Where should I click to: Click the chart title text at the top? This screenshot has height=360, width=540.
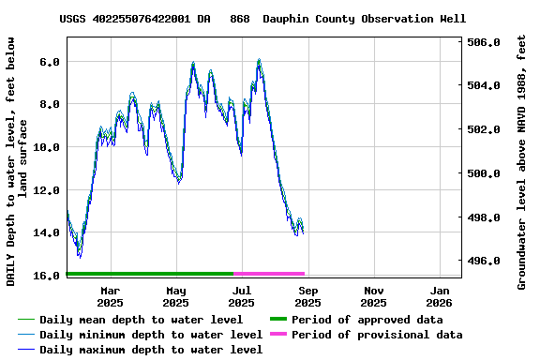click(x=262, y=19)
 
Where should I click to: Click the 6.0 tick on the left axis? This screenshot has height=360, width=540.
click(x=50, y=61)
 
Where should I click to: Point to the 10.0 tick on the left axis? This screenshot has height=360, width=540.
click(x=47, y=147)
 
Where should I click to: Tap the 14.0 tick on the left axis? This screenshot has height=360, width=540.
click(x=47, y=232)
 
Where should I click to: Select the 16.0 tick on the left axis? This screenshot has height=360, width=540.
click(x=47, y=276)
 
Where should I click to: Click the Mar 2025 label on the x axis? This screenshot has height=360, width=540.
click(x=110, y=296)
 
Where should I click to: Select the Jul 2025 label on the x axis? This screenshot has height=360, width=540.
click(x=241, y=296)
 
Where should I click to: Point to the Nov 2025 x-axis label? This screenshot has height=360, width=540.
click(x=373, y=296)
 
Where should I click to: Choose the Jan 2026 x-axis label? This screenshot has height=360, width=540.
click(x=440, y=296)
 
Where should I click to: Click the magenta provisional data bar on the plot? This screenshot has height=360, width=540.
click(x=269, y=274)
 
